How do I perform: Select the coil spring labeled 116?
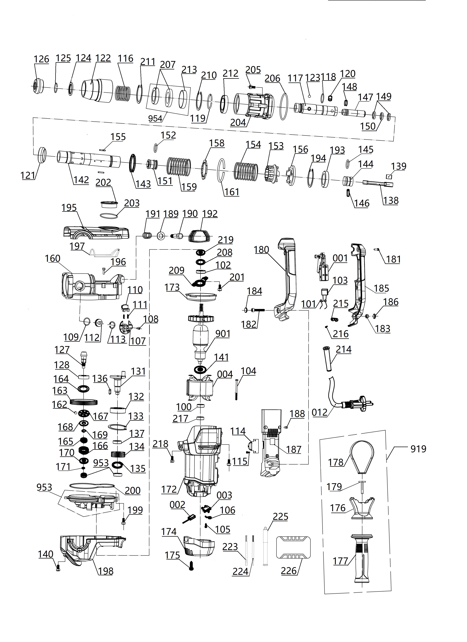coord(123,93)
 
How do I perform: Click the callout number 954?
coord(155,118)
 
